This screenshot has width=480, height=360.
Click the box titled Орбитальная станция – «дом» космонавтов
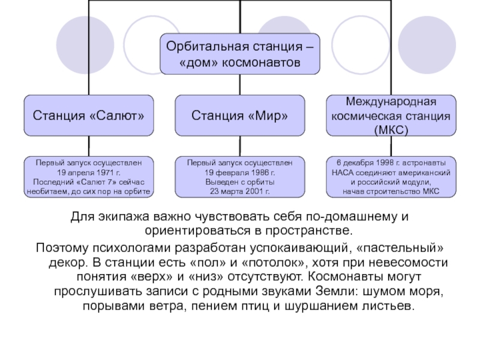pos(239,54)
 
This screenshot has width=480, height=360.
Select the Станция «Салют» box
pos(89,115)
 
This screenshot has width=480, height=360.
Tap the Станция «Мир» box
pos(239,115)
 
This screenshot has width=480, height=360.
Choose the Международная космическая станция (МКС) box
pos(391,115)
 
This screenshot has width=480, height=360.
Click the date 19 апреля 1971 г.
pos(89,173)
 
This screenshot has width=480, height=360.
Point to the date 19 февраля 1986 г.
pos(239,173)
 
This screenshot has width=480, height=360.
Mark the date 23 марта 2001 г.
pos(239,191)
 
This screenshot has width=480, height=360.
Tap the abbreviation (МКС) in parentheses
pos(391,130)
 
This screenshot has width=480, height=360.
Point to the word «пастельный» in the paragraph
pos(400,248)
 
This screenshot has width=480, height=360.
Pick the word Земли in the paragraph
pos(337,291)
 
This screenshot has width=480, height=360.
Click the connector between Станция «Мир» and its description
pos(239,146)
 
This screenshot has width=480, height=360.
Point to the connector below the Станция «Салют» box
pos(89,146)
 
